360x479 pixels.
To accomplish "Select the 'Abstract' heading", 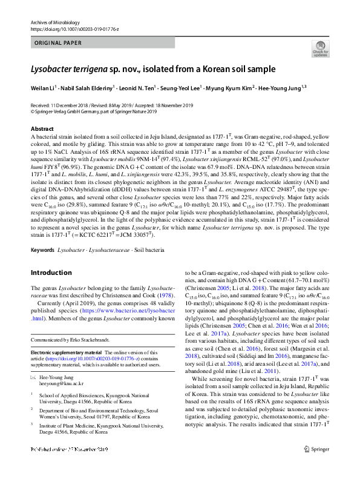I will point(42,130).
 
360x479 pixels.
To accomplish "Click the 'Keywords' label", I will point(43,249).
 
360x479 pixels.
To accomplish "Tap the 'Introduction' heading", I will point(51,273).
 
